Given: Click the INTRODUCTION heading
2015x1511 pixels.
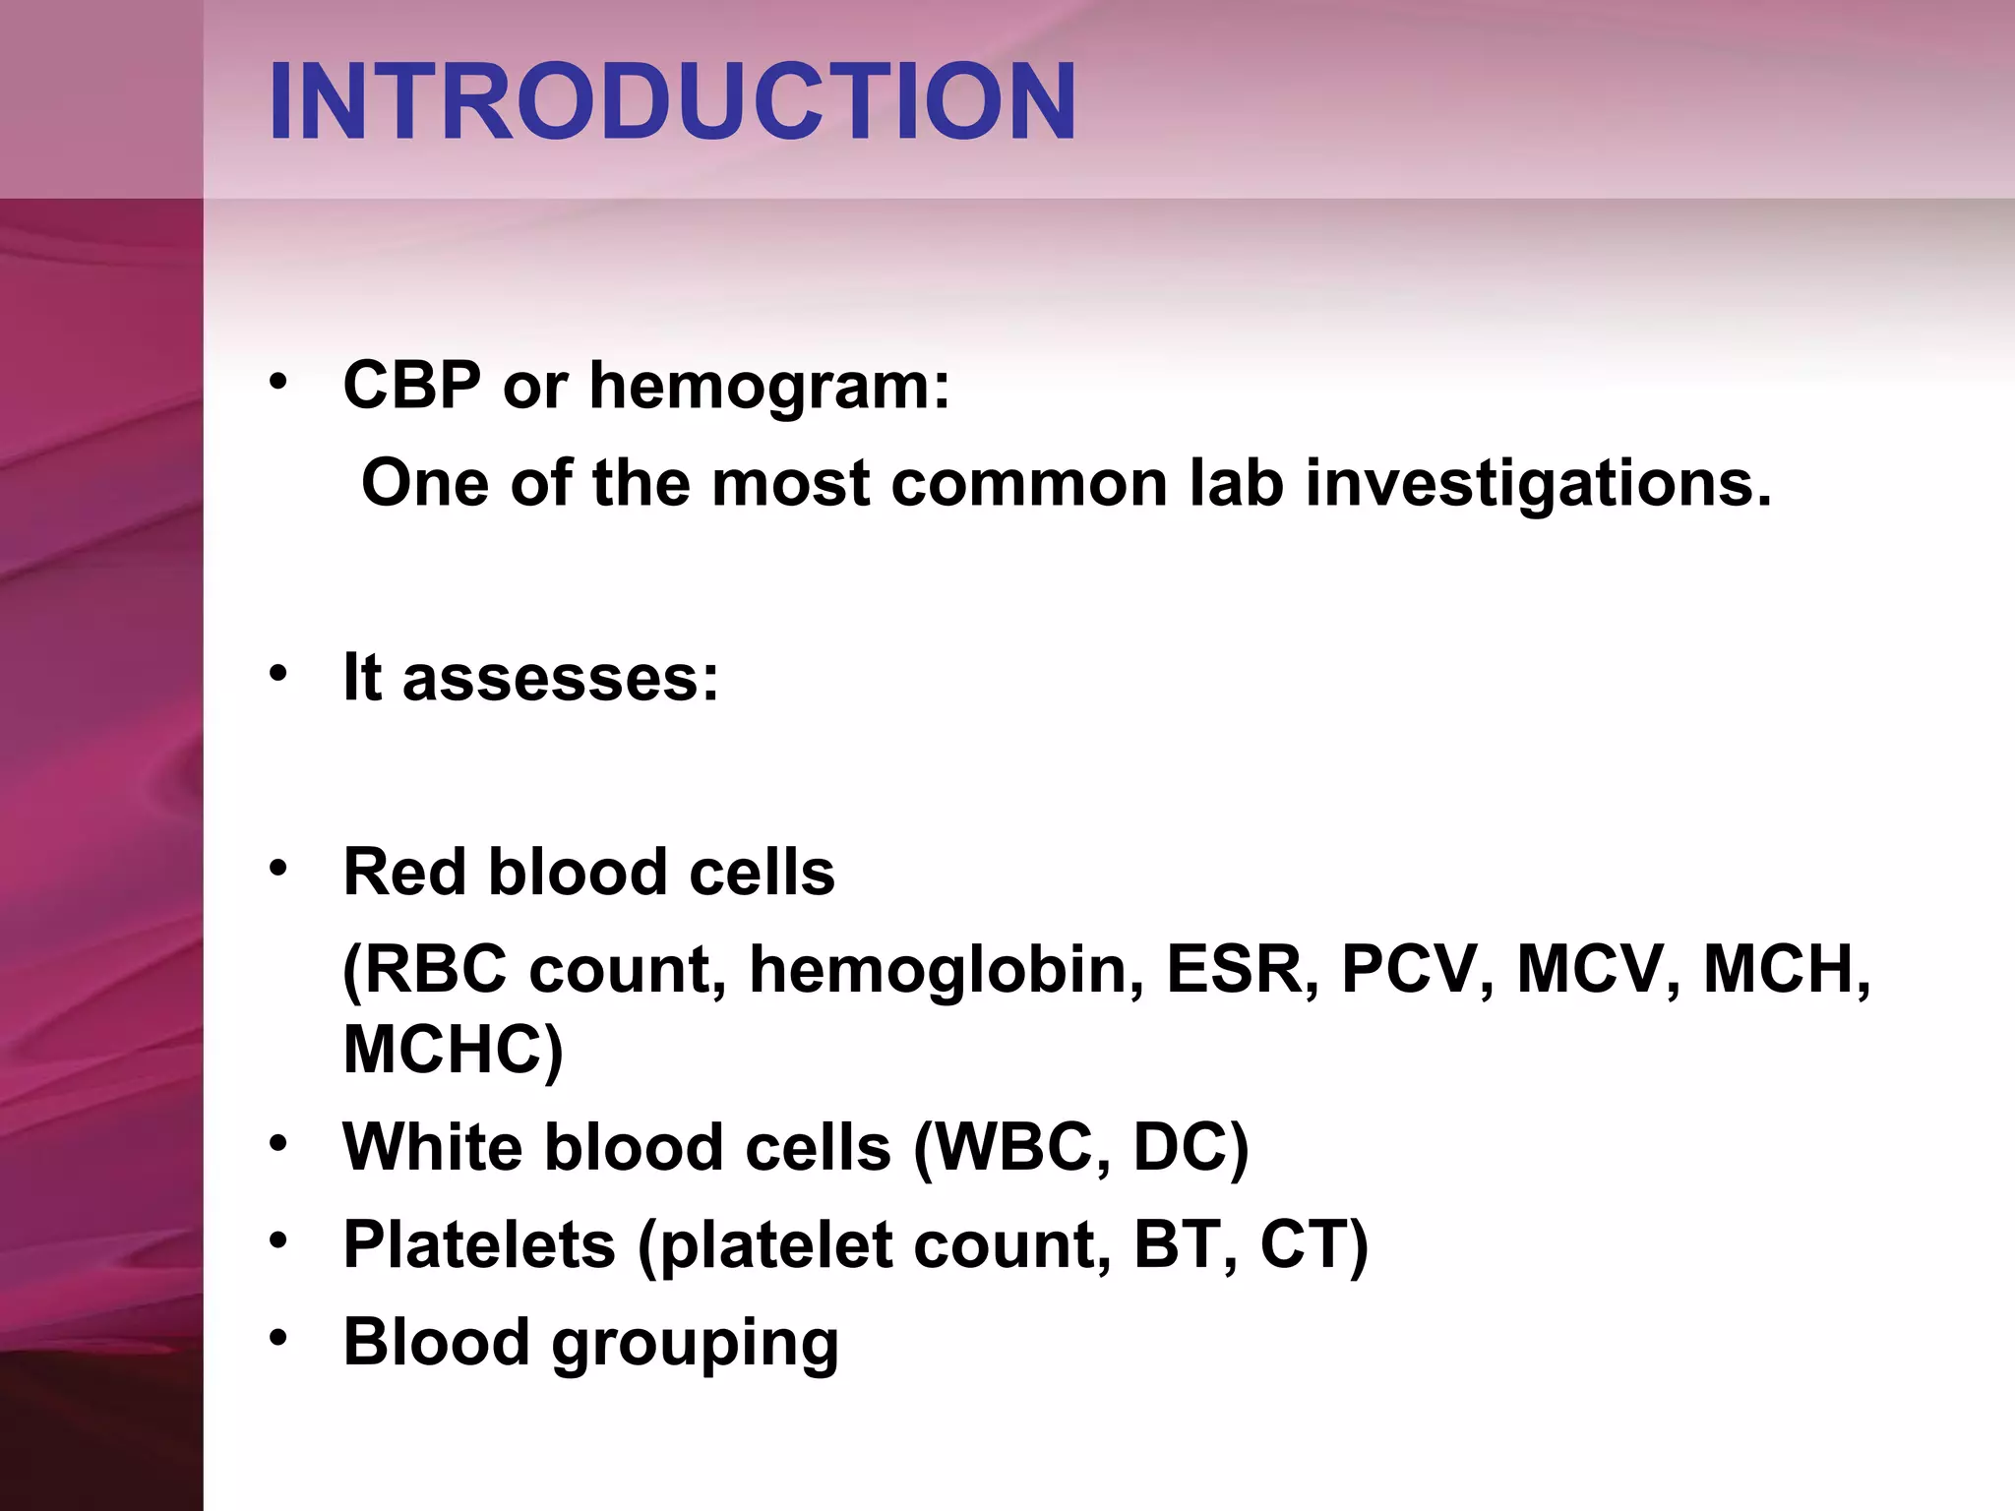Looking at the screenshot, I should click(x=672, y=101).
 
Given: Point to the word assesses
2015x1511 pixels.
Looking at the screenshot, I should click(x=560, y=679).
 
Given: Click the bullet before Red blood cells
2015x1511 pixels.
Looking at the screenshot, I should click(x=278, y=869).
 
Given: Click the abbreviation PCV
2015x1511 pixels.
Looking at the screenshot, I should click(x=1408, y=970).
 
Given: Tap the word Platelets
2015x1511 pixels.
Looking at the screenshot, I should click(x=479, y=1244).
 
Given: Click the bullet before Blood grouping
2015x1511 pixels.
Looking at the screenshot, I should click(x=278, y=1339).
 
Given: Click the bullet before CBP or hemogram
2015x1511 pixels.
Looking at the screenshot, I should click(x=278, y=381).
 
